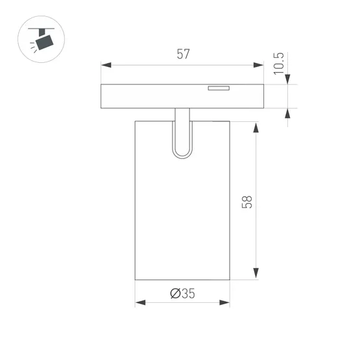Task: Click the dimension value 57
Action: coord(183,54)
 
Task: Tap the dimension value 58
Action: coord(246,201)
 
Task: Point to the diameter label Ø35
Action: coord(182,294)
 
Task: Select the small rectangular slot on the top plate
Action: coord(218,88)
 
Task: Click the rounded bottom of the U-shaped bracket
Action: coord(182,154)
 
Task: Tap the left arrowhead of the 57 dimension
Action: coord(106,65)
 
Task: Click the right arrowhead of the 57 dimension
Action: coord(259,65)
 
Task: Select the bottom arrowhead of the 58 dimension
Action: coord(257,275)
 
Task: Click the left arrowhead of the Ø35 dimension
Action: coord(139,302)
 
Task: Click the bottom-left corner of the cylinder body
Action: coord(135,280)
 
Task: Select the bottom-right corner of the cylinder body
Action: coord(230,280)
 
